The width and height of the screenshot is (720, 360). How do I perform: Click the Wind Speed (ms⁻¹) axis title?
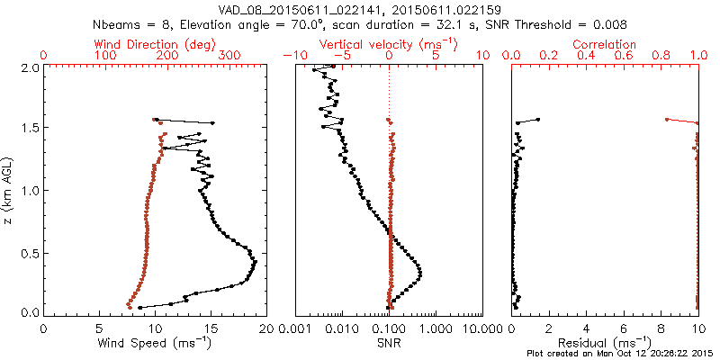click(x=155, y=343)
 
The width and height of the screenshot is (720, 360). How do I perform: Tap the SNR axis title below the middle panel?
click(x=389, y=343)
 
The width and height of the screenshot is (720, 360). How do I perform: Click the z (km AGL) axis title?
click(x=10, y=189)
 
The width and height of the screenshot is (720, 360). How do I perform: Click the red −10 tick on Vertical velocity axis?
click(x=290, y=56)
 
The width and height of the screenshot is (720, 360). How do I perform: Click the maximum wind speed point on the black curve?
click(x=256, y=262)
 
